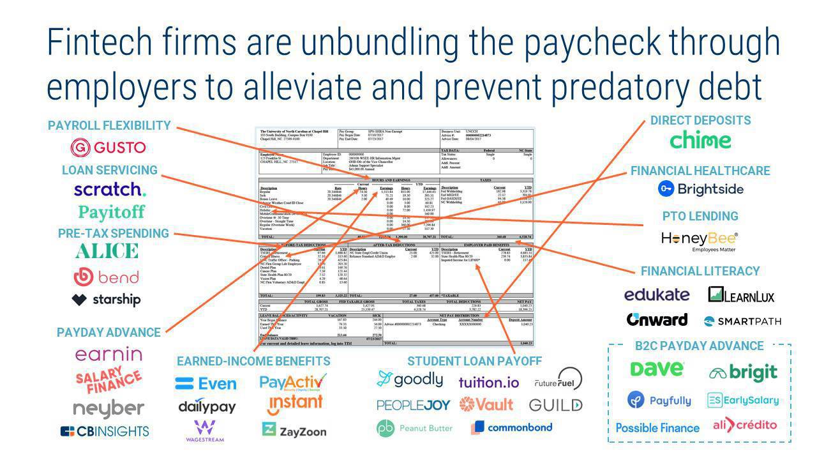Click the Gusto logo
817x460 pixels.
pyautogui.click(x=108, y=148)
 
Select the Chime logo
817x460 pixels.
pyautogui.click(x=700, y=141)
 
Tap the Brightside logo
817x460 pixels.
pyautogui.click(x=701, y=188)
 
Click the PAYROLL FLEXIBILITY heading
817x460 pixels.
pyautogui.click(x=109, y=125)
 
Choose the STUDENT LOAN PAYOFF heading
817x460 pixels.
pyautogui.click(x=474, y=361)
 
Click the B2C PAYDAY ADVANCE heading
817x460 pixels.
pyautogui.click(x=699, y=346)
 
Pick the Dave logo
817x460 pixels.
pyautogui.click(x=657, y=370)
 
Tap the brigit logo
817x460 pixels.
pyautogui.click(x=743, y=372)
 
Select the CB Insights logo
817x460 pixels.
pyautogui.click(x=105, y=431)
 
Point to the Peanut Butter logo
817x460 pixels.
pyautogui.click(x=414, y=428)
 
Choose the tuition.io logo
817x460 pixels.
pyautogui.click(x=488, y=382)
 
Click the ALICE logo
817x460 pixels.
pyautogui.click(x=107, y=251)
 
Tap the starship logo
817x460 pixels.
pyautogui.click(x=106, y=300)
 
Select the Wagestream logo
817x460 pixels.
pyautogui.click(x=205, y=431)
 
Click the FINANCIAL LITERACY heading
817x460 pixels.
pyautogui.click(x=700, y=271)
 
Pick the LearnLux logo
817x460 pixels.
pyautogui.click(x=741, y=295)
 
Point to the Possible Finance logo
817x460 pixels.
pyautogui.click(x=657, y=427)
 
